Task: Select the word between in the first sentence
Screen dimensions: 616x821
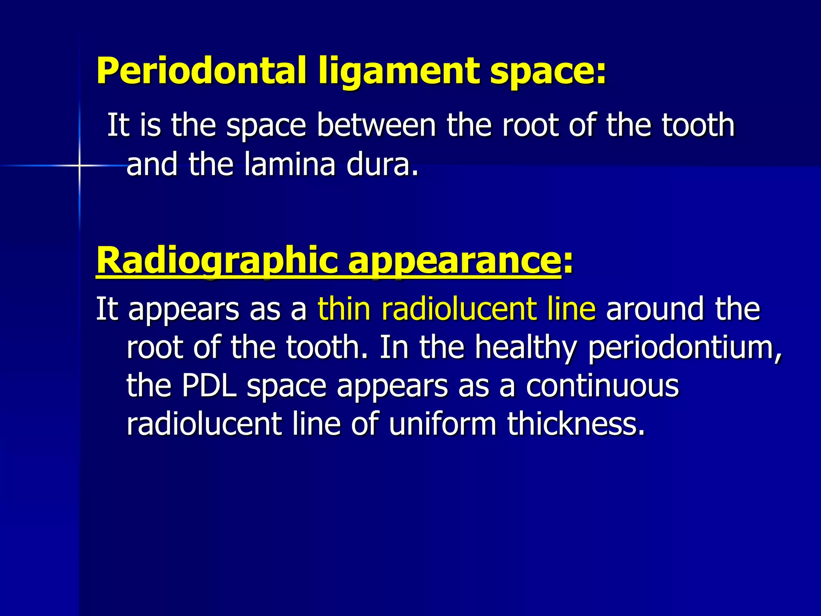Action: coord(376,125)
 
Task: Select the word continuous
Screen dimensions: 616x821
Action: coord(602,386)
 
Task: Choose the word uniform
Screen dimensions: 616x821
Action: coord(443,424)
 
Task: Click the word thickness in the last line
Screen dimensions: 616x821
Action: coord(576,424)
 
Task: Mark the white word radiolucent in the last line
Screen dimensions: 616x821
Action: coord(204,424)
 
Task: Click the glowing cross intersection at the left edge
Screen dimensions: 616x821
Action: coord(79,165)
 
